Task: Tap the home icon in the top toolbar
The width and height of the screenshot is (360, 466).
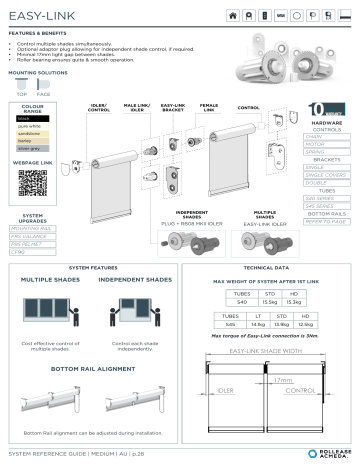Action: tap(234, 17)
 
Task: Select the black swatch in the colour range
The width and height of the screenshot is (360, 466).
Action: tap(31, 118)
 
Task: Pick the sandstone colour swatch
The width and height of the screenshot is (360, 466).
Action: tap(31, 134)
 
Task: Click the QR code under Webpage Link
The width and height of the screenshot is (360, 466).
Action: tap(32, 183)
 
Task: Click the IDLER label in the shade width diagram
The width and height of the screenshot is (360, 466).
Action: tap(226, 391)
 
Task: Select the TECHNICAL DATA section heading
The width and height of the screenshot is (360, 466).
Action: tap(267, 268)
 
